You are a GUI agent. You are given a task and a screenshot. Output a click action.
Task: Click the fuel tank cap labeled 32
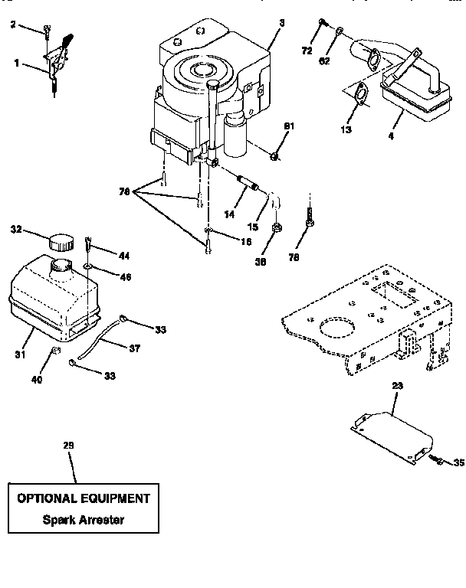point(59,241)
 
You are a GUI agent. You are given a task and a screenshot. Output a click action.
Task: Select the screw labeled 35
point(438,459)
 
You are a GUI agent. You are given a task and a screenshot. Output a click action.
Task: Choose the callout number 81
point(289,125)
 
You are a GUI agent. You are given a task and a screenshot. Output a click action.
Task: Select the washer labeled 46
point(90,266)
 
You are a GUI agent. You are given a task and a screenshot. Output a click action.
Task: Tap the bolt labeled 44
point(89,245)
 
